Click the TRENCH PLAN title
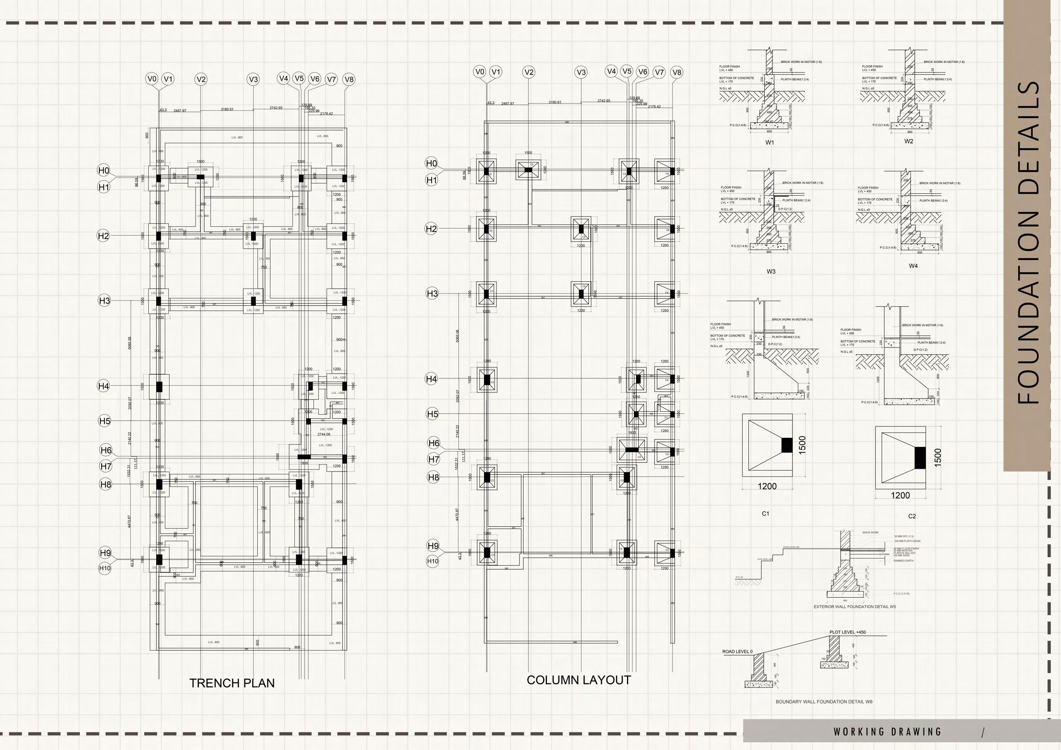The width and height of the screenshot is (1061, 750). point(231,683)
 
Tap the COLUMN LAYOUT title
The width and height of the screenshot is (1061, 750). point(579,680)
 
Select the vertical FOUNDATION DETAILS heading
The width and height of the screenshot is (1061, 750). point(1029,243)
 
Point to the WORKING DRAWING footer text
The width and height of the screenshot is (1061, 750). point(887,731)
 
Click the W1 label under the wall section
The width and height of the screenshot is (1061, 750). point(769,143)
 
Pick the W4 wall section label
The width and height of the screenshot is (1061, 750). point(913,266)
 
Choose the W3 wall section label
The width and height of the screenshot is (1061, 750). point(771,271)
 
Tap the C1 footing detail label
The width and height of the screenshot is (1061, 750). point(765,514)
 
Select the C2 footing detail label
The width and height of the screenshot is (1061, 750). point(912,516)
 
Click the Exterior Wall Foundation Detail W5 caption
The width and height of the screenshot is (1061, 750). point(855,607)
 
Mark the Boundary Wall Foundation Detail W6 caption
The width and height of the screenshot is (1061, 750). point(824,701)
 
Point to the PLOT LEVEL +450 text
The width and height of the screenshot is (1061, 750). point(848,632)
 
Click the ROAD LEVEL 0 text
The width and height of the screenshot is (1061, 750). point(737,652)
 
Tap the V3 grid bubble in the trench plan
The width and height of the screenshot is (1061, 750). point(253,79)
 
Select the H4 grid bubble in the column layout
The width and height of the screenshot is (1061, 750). point(431,379)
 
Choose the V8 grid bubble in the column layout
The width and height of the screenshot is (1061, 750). point(677,72)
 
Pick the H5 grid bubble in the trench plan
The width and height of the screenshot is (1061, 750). point(105,421)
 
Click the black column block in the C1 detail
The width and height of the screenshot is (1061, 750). point(786,445)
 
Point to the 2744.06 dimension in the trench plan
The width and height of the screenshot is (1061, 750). point(324,434)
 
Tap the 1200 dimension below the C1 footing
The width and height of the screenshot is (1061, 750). point(767,486)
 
